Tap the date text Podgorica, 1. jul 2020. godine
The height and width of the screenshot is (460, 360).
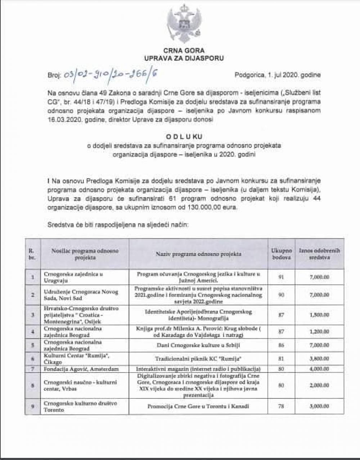click(x=277, y=75)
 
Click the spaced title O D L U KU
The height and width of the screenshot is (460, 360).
click(x=184, y=136)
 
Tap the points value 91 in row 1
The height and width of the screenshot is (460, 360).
click(x=281, y=277)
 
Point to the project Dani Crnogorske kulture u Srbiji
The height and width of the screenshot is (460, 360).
click(x=198, y=346)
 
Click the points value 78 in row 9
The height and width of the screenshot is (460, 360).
click(x=281, y=406)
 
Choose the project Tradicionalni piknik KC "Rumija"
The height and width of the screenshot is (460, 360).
click(x=198, y=359)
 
